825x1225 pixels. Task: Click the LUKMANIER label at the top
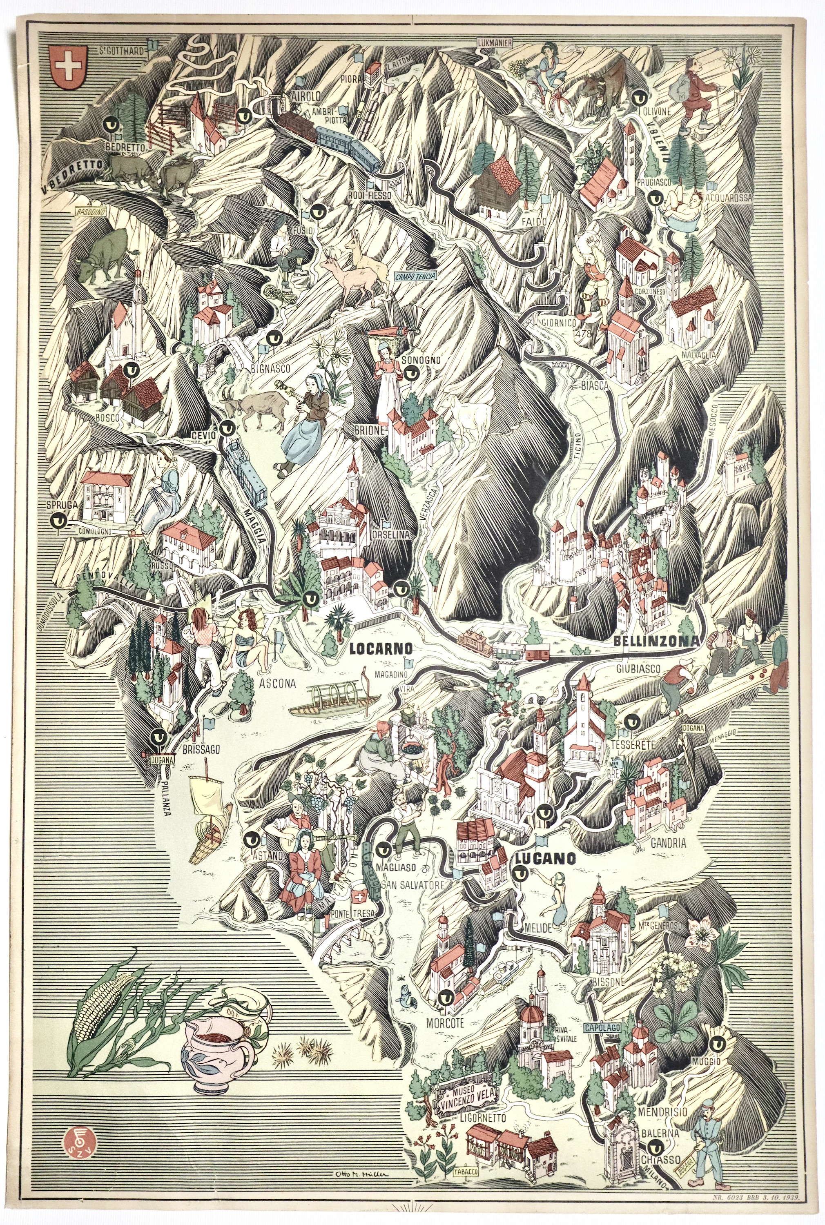(495, 43)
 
